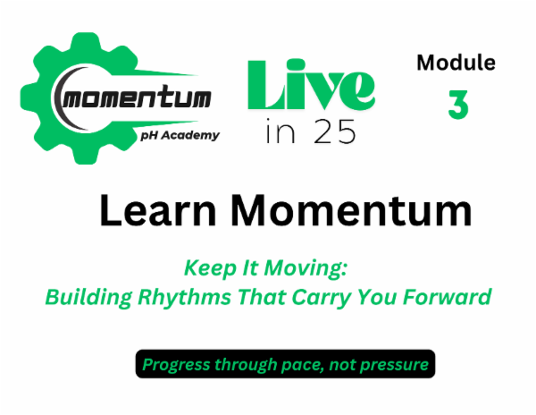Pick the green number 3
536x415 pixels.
458,105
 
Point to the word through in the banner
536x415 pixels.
243,365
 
